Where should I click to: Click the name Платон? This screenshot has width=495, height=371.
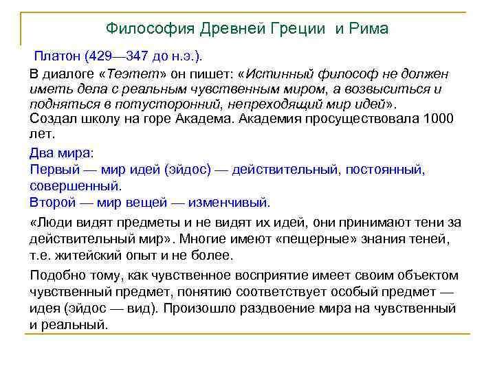point(58,54)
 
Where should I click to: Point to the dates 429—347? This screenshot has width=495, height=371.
point(127,54)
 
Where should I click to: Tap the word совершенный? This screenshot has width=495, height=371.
point(74,185)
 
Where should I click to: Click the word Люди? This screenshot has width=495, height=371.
point(51,222)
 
